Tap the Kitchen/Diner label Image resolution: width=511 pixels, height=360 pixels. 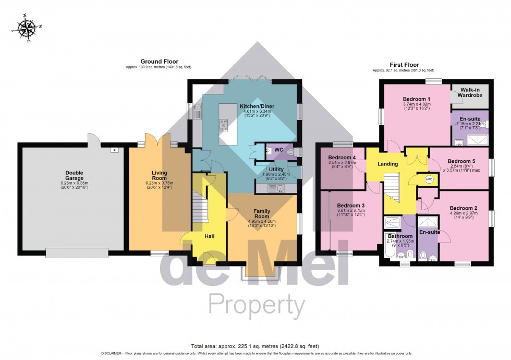257,107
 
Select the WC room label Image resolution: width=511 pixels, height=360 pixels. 279,150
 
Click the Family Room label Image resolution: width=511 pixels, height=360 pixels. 261,213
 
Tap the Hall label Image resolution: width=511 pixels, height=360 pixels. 209,236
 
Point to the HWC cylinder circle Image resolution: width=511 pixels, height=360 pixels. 429,179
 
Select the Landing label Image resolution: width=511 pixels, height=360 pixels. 388,164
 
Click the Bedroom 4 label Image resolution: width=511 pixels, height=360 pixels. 343,158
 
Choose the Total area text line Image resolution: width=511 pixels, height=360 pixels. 255,346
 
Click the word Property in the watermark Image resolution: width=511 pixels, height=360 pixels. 257,305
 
